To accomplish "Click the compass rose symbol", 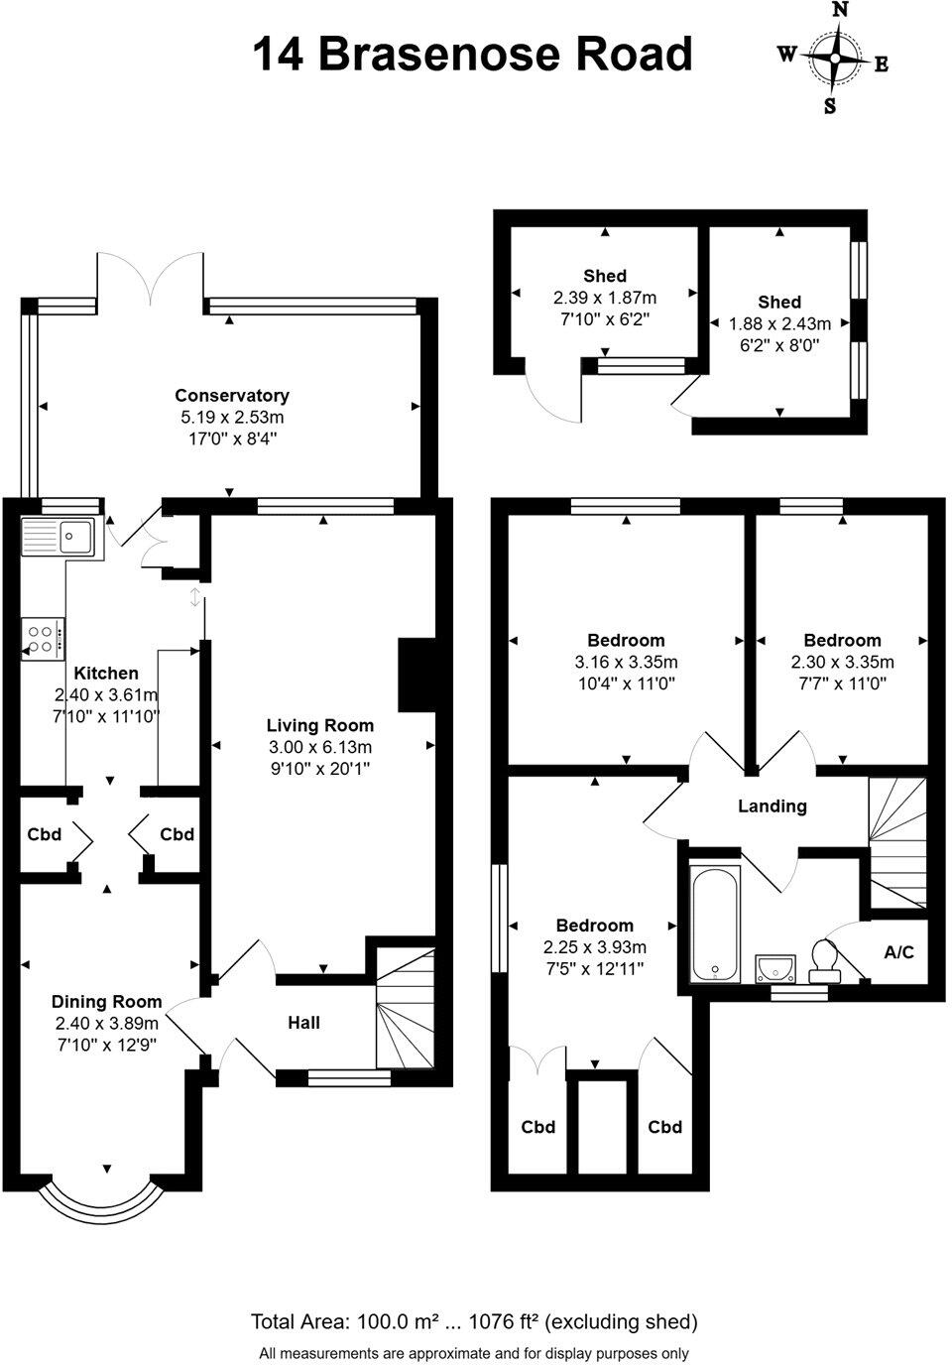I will tap(835, 59).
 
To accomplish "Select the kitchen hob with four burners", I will tap(43, 638).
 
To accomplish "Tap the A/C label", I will tap(898, 952).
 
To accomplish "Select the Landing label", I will tap(772, 807).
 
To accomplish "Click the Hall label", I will tap(303, 1023).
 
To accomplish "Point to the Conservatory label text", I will tap(232, 396).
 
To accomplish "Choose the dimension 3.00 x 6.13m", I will tap(319, 747).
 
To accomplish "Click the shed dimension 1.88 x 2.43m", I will tap(779, 324).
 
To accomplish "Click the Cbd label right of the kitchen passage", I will tap(177, 834).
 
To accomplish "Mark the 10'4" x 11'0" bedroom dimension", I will tap(626, 683).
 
